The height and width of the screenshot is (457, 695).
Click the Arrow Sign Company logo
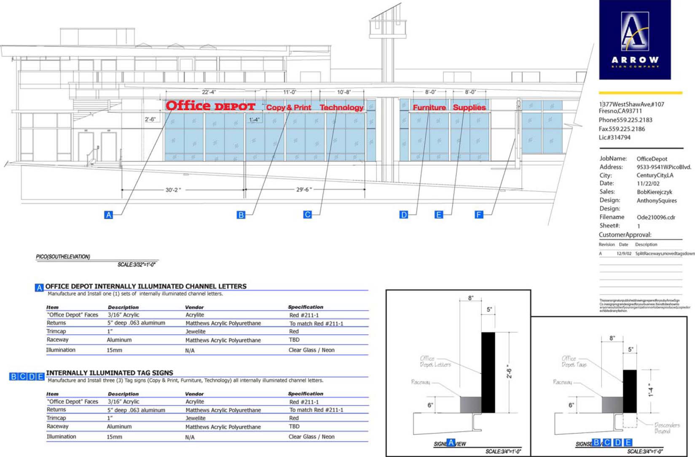point(635,40)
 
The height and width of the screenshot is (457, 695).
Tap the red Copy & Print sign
point(289,108)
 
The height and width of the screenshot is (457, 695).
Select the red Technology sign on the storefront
point(341,108)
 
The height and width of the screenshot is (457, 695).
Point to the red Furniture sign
point(429,108)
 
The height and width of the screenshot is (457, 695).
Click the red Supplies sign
point(469,108)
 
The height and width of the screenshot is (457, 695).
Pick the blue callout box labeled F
point(479,215)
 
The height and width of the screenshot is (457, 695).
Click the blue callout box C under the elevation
point(308,215)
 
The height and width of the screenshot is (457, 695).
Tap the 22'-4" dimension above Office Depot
point(209,92)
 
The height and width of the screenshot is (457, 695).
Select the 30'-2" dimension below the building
point(173,190)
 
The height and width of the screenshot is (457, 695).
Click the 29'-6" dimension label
point(304,190)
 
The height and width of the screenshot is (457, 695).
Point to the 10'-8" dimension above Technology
point(343,92)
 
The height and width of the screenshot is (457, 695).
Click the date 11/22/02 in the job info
point(648,184)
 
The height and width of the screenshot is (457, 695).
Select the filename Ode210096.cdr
point(656,217)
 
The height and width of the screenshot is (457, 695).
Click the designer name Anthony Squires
point(656,200)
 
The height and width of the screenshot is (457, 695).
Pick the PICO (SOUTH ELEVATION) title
point(63,257)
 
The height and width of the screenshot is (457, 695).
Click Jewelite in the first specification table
point(196,331)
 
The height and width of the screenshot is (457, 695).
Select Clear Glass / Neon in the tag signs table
point(311,437)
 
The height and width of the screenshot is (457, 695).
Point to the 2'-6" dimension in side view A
point(509,371)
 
